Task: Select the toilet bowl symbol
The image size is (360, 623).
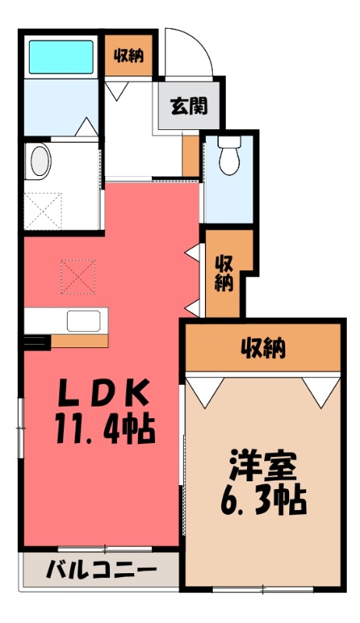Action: click(x=228, y=158)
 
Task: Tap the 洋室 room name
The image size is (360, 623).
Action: click(x=263, y=467)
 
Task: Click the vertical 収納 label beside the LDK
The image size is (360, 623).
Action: click(x=224, y=273)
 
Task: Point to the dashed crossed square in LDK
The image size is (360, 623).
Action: click(x=78, y=276)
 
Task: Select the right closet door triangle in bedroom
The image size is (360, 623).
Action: click(x=318, y=392)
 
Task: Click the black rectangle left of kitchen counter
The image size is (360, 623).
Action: click(x=35, y=340)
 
